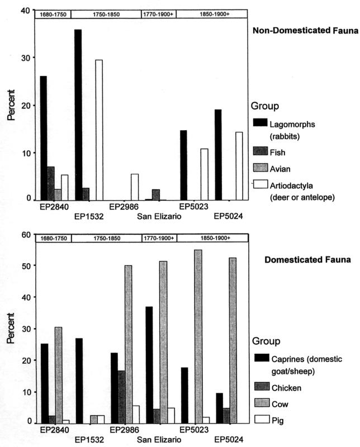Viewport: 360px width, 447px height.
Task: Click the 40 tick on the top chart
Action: point(26,10)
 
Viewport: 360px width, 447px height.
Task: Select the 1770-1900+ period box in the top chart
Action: point(159,13)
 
